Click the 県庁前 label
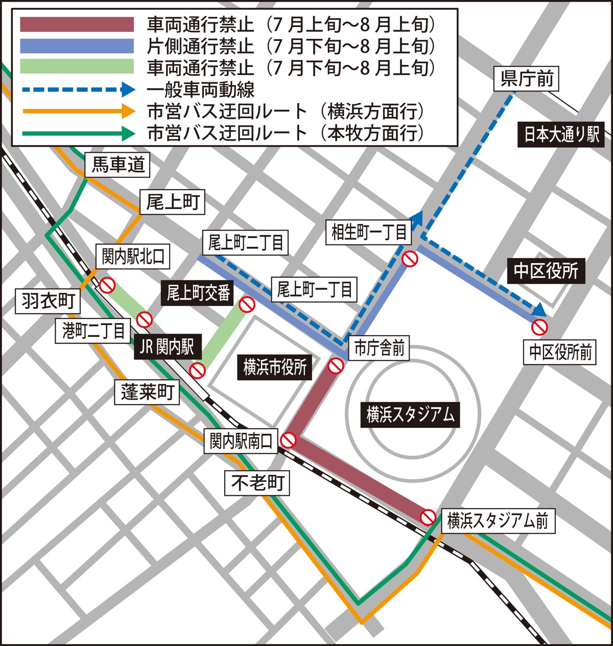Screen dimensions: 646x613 [x=527, y=79]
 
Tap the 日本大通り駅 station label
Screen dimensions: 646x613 [x=561, y=134]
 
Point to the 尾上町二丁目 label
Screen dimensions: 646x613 [x=245, y=243]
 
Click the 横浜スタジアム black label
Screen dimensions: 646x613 [x=410, y=414]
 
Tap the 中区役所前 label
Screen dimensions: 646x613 [x=560, y=352]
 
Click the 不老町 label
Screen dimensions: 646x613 [x=257, y=482]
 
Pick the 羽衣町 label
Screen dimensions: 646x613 [x=48, y=301]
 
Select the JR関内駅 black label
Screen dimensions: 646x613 [x=168, y=348]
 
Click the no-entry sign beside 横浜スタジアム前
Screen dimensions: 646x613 [x=428, y=517]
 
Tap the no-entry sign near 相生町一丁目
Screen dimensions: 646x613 [x=410, y=259]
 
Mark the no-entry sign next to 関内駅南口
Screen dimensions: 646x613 [x=288, y=440]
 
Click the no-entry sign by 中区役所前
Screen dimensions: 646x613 [x=539, y=327]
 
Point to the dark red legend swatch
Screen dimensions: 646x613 [x=77, y=25]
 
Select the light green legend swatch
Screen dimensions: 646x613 [x=77, y=67]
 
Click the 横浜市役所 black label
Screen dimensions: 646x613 [x=275, y=367]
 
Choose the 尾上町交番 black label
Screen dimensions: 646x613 [x=199, y=293]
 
